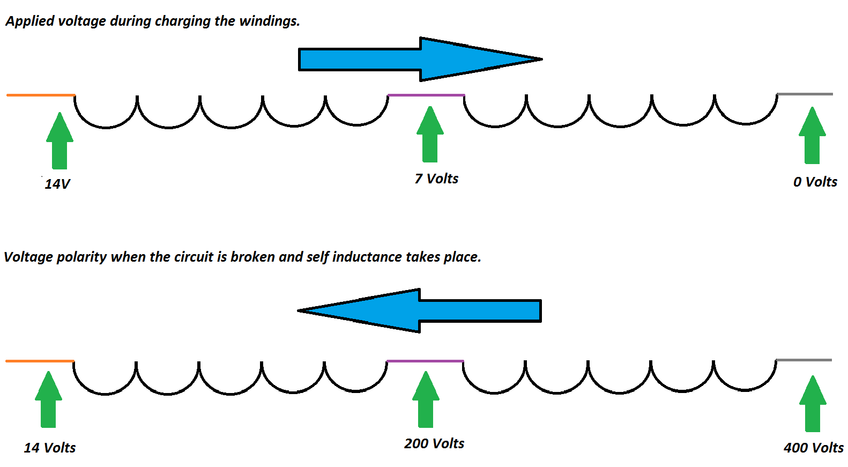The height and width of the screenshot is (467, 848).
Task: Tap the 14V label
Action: pyautogui.click(x=57, y=184)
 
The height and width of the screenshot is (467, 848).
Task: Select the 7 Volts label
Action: pyautogui.click(x=436, y=179)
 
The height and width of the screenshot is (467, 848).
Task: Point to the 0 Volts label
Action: pyautogui.click(x=815, y=182)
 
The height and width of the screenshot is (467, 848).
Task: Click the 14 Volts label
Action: pyautogui.click(x=50, y=448)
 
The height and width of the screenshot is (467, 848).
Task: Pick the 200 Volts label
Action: pyautogui.click(x=434, y=443)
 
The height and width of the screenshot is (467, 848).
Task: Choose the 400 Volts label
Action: pyautogui.click(x=813, y=448)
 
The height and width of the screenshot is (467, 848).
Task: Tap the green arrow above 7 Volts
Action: pyautogui.click(x=430, y=135)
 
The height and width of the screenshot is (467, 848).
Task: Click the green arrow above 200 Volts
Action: pyautogui.click(x=426, y=400)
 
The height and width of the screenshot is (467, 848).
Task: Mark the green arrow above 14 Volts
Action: pyautogui.click(x=48, y=400)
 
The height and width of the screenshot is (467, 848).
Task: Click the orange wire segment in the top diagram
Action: pyautogui.click(x=41, y=95)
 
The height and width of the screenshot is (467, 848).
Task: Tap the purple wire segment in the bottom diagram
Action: pyautogui.click(x=425, y=361)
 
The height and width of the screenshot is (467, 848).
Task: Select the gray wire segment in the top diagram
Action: pyautogui.click(x=805, y=94)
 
